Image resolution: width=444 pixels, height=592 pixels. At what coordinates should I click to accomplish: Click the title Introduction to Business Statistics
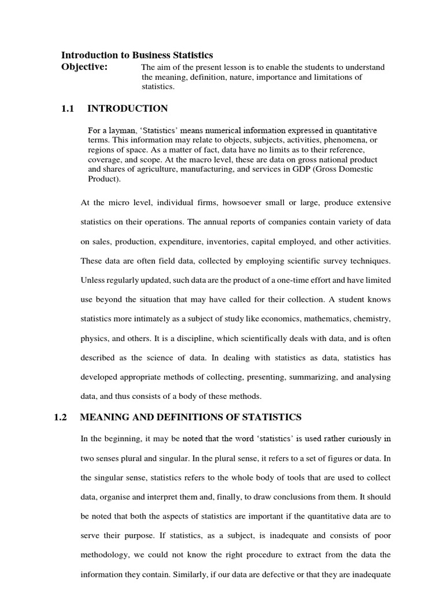coord(137,55)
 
